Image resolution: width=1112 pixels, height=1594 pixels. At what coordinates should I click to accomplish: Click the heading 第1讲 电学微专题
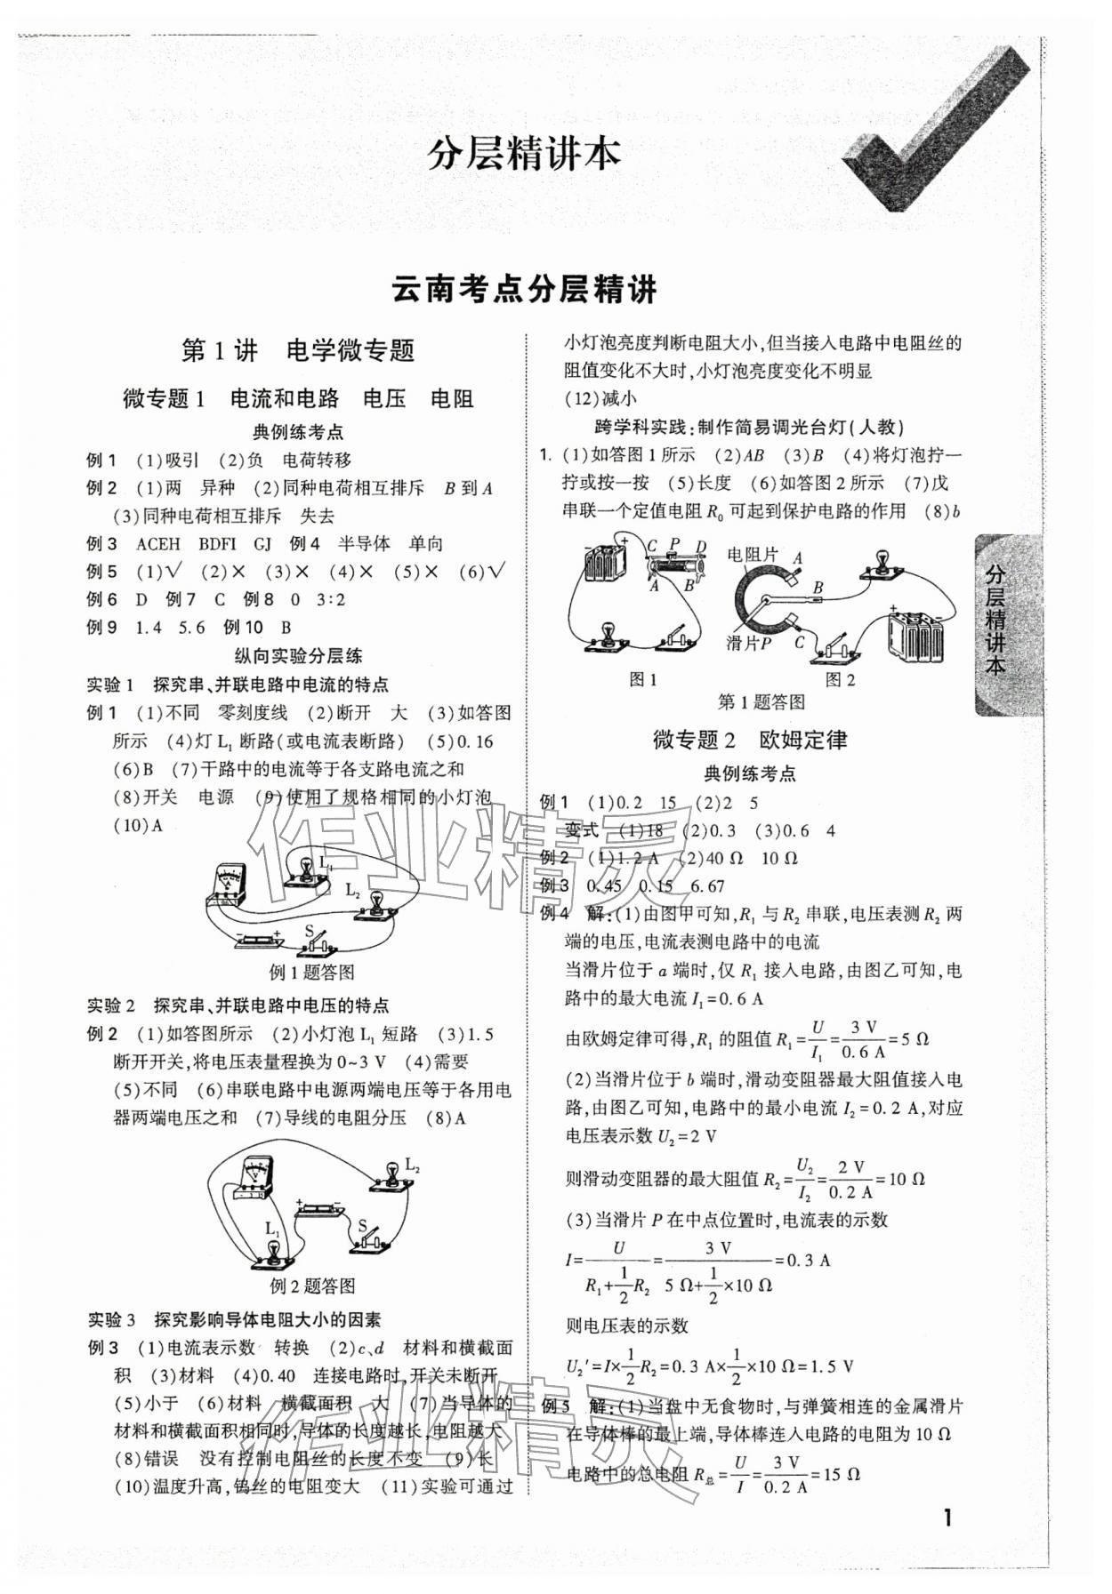(x=298, y=351)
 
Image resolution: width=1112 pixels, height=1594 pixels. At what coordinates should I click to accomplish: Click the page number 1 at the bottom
(x=948, y=1517)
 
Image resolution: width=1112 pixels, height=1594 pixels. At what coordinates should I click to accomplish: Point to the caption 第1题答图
(x=761, y=702)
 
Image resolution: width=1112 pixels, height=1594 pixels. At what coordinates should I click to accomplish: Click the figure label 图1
(x=642, y=680)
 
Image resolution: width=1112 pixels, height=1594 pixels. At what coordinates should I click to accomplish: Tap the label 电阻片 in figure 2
(x=752, y=556)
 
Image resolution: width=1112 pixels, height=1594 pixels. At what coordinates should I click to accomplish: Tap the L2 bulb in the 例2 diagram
(x=390, y=1176)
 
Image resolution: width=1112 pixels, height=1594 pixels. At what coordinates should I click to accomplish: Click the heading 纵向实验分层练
(x=298, y=656)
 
